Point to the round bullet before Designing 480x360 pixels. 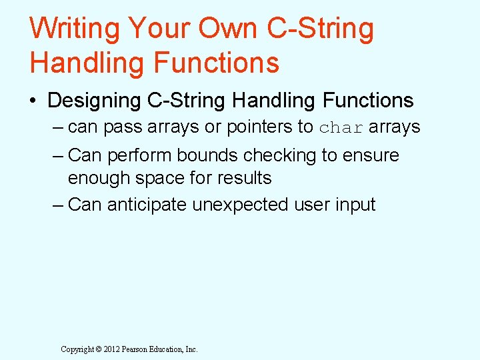tap(33, 101)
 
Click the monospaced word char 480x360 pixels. tap(341, 127)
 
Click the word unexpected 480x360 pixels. tap(242, 204)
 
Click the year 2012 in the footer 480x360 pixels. tap(109, 349)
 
